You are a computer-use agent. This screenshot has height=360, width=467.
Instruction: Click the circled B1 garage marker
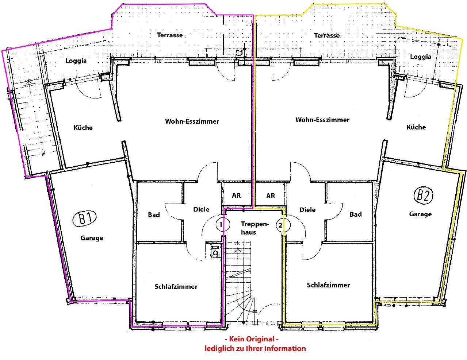[84, 219]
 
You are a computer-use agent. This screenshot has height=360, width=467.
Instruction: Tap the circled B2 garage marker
[423, 195]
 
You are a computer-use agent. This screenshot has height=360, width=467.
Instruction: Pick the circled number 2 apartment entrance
[283, 225]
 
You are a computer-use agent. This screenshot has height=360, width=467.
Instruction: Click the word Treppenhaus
[255, 228]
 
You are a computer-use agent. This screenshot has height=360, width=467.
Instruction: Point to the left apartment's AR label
[236, 196]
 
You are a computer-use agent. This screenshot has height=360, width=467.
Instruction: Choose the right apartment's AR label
[271, 196]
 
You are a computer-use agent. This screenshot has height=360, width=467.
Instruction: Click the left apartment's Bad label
[154, 215]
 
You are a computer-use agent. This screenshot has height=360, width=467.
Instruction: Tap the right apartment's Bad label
[356, 214]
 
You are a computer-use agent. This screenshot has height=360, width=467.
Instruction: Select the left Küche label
[83, 128]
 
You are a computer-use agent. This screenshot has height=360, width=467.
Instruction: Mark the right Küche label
[416, 127]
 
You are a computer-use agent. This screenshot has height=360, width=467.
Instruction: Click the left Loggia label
[76, 61]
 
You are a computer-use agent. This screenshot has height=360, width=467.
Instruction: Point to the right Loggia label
[421, 57]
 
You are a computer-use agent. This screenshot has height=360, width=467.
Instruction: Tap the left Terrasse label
[170, 35]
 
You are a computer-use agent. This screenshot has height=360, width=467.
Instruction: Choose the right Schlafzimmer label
[328, 285]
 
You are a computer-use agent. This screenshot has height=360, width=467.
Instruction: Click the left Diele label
[202, 209]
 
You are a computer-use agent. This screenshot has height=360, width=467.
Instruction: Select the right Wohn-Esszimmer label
[322, 120]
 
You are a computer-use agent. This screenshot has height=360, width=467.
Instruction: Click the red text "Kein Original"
[252, 339]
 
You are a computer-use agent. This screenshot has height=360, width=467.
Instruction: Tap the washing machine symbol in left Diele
[215, 250]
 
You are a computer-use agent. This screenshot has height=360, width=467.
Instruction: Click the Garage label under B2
[420, 214]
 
